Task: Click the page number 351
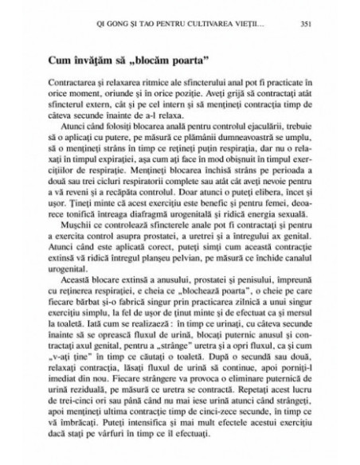pos(306,22)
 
